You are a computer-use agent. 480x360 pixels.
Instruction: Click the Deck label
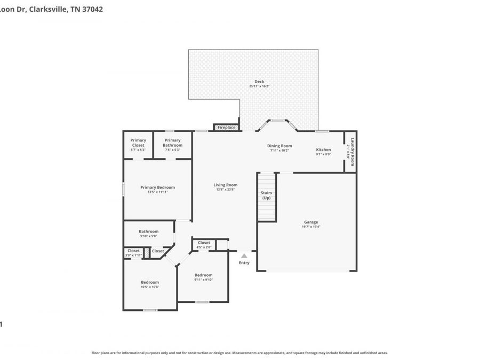pos(259,82)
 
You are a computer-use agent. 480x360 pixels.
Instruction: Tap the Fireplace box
pos(226,127)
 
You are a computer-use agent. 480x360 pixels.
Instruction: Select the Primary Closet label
pos(138,142)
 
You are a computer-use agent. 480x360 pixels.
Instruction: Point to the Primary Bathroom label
pos(173,142)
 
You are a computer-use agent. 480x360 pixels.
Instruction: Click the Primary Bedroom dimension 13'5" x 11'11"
pos(158,192)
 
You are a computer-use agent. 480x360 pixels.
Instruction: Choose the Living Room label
pos(226,185)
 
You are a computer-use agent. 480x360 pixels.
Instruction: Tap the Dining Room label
pos(279,146)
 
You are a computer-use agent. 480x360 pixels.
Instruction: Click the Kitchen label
pos(323,149)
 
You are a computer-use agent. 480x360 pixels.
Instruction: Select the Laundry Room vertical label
pos(353,152)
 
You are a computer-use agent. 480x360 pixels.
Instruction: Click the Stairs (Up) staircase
pos(266,196)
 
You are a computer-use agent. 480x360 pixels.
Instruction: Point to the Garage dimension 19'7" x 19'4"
pos(311,227)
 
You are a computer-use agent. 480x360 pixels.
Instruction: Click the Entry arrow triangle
pos(244,256)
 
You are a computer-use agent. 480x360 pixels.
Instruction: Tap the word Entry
pos(244,262)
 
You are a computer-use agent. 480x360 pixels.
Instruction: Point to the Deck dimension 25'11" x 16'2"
pos(259,86)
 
